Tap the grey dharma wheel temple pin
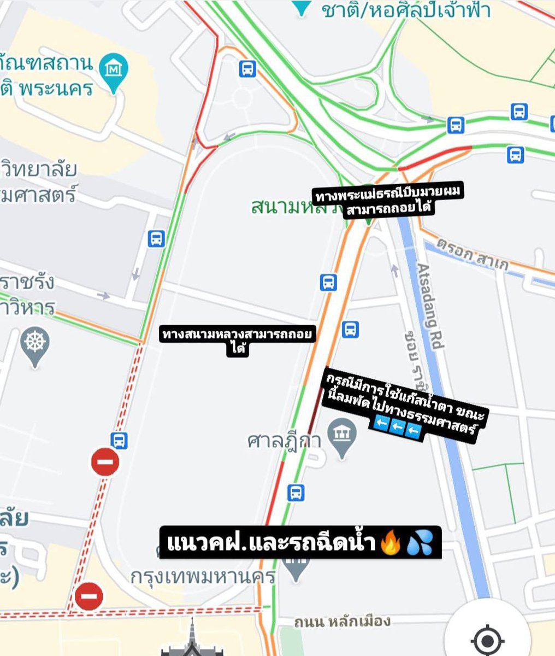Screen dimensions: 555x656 point(35,344)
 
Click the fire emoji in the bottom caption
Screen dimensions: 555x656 point(389,544)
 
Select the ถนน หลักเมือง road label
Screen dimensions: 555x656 point(342,622)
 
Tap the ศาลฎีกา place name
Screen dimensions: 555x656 point(283,441)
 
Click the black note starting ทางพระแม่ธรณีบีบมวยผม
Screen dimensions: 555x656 point(388,201)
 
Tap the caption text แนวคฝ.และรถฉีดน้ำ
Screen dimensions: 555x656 point(270,544)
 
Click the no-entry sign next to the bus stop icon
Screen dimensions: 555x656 point(105,461)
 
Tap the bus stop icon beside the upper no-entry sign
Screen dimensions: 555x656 point(119,440)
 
